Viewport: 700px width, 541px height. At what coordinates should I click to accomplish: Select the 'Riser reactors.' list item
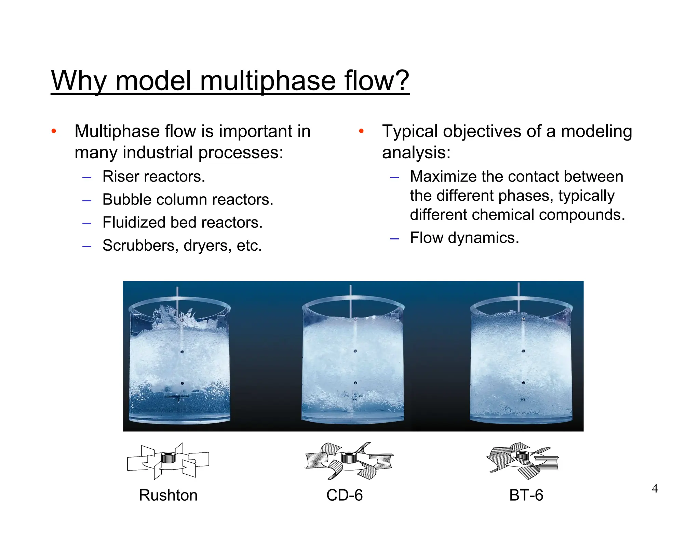(x=154, y=176)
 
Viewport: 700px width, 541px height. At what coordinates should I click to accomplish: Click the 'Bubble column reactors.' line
(x=188, y=199)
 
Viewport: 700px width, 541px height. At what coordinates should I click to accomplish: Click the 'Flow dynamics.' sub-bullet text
(x=465, y=238)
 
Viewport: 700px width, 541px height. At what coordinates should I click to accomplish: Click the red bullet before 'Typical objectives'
(x=361, y=131)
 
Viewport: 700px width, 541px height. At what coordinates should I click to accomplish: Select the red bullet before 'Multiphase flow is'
(x=54, y=131)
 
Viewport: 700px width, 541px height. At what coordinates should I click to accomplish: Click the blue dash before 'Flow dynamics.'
(x=394, y=238)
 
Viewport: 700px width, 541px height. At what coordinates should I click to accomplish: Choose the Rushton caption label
(x=168, y=495)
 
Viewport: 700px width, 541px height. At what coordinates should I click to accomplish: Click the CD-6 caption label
(x=345, y=495)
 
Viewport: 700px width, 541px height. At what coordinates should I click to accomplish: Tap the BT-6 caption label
(x=526, y=495)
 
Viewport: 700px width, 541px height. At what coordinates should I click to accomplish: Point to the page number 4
(x=655, y=489)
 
